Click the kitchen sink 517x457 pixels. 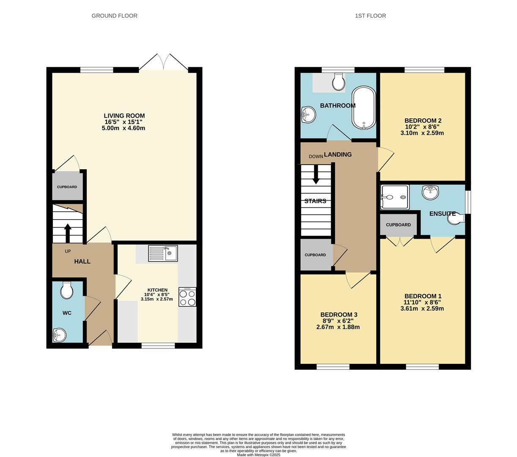[x=163, y=253]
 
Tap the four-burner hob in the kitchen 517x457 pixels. [x=187, y=297]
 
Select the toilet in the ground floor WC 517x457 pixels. [x=67, y=290]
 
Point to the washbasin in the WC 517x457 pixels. [x=60, y=335]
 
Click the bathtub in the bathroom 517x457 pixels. [x=364, y=108]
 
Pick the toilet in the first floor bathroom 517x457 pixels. [x=339, y=82]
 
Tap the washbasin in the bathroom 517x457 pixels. [x=308, y=115]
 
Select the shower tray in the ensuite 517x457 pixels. [x=394, y=197]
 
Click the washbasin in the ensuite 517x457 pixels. [x=430, y=193]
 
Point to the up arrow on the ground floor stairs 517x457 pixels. [x=68, y=233]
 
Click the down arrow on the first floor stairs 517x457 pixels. [x=316, y=175]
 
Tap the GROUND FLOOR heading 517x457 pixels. [x=114, y=16]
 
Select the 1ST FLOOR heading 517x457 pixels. [x=370, y=16]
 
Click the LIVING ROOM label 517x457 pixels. [x=124, y=116]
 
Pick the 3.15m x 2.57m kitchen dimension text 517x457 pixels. [x=157, y=299]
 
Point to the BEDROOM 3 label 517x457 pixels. [x=338, y=314]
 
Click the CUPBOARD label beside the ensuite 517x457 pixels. [x=398, y=225]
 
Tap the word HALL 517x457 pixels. [x=82, y=262]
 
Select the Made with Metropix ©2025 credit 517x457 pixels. [x=258, y=455]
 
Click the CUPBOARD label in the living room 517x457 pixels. [x=67, y=187]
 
